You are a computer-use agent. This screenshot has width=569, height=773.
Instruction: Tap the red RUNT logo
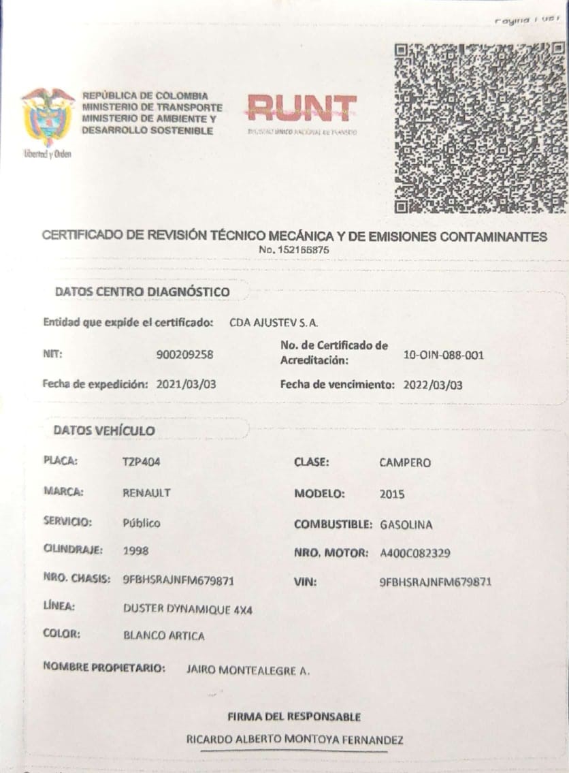coord(302,108)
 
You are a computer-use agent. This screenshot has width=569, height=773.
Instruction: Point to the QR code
coord(480,128)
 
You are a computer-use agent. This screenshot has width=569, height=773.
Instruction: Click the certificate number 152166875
coord(294,250)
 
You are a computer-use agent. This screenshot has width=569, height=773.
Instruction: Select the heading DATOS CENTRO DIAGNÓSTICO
coord(142,292)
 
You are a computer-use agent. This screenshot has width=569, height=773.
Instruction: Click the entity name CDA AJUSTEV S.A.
coord(274,322)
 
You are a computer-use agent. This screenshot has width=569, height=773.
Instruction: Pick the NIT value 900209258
coord(184,354)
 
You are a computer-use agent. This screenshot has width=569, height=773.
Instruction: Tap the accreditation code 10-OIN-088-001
coord(444,355)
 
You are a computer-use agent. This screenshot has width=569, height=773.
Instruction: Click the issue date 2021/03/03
coord(186,384)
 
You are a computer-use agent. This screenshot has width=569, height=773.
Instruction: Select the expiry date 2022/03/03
coord(432,385)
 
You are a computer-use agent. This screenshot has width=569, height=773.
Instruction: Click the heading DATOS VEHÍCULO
coord(104,430)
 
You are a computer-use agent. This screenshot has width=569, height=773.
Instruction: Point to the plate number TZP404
coord(142,462)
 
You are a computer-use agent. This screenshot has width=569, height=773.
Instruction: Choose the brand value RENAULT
coord(146,492)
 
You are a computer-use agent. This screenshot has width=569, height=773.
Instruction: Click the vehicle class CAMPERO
coord(405,462)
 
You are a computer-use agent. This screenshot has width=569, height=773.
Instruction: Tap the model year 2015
coord(391,494)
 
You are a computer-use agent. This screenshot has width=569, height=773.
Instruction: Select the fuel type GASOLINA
coord(406,525)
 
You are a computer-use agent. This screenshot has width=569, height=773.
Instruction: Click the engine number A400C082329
coord(415,553)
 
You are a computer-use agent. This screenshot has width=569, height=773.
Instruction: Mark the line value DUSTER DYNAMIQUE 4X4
coord(188,610)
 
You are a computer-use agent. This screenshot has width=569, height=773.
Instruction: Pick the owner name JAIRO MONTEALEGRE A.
coord(248,670)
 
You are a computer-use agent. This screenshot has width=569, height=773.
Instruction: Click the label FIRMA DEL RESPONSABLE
coord(294,716)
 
